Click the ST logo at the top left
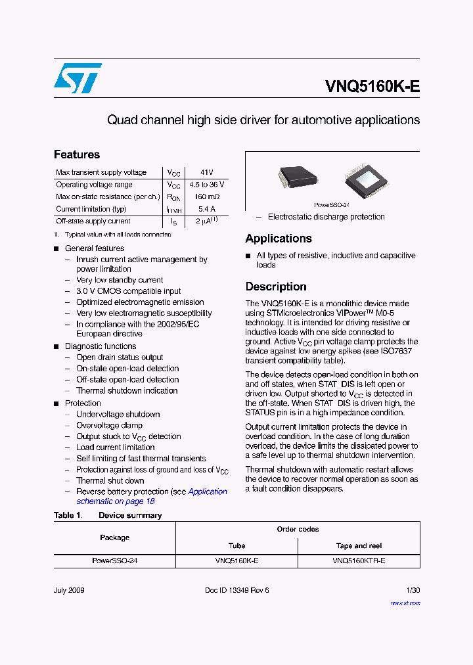click(x=78, y=78)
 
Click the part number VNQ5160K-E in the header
click(x=372, y=87)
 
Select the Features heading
click(x=77, y=154)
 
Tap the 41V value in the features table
click(x=207, y=172)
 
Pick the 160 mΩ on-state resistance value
click(x=207, y=196)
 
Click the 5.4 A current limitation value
click(x=207, y=209)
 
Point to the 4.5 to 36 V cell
click(x=207, y=185)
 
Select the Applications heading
click(x=279, y=239)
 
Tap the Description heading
click(x=276, y=287)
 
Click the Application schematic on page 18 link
click(x=152, y=496)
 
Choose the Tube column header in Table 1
click(x=236, y=545)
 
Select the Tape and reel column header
click(x=359, y=545)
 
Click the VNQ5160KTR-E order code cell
click(x=359, y=561)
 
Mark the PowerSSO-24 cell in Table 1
click(x=114, y=561)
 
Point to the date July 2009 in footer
click(x=69, y=590)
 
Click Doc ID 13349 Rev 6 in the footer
click(x=236, y=590)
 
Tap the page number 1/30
click(x=413, y=590)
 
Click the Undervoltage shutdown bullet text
click(x=118, y=414)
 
